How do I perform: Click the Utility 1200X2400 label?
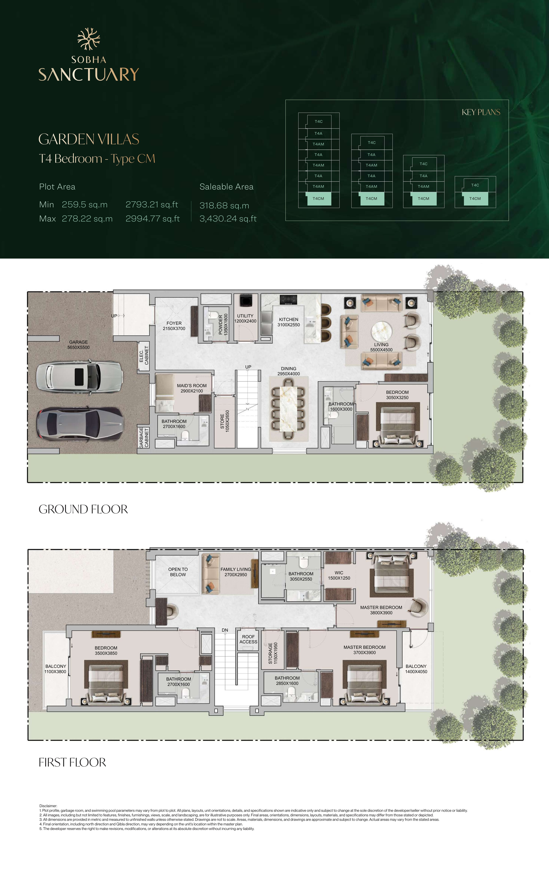pos(245,318)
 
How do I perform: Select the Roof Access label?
pos(248,639)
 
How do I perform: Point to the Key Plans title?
pos(481,112)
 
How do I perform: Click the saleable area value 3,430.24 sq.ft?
pos(228,219)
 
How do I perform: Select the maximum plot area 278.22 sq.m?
pos(87,219)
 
